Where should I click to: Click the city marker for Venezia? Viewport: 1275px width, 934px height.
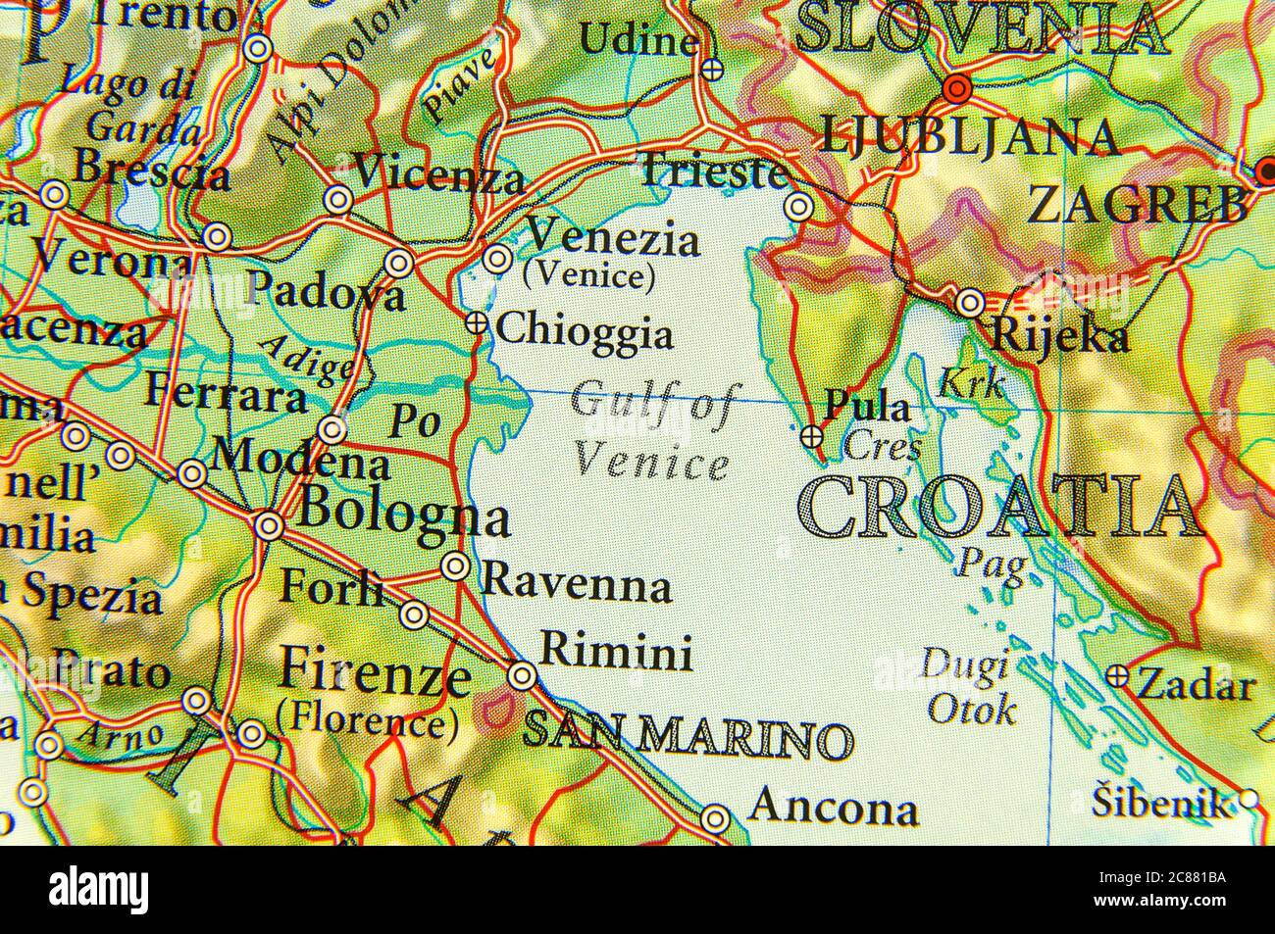pos(498,259)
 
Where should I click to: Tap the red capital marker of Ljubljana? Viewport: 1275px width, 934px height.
pos(957,89)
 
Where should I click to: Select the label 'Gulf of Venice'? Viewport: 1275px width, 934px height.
pos(651,431)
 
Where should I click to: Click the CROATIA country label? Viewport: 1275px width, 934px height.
pos(999,508)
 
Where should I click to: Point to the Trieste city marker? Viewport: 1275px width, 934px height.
pos(799,207)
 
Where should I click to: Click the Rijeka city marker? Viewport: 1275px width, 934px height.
pos(970,303)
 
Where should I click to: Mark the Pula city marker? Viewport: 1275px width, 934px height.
pos(812,437)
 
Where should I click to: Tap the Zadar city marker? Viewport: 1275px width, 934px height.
pos(1118,675)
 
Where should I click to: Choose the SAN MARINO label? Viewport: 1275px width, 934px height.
pos(687,736)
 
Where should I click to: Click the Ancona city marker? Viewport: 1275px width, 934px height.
pos(717,816)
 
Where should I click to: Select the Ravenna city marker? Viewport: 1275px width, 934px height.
pos(455,565)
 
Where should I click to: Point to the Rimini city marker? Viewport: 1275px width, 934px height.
pos(523,675)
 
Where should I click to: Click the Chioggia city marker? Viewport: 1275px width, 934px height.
pos(477,322)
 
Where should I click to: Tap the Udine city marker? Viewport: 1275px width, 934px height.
pos(713,69)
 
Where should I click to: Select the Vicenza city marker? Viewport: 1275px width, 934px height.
pos(338,200)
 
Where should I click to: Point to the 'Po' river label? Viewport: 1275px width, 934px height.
pos(413,420)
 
